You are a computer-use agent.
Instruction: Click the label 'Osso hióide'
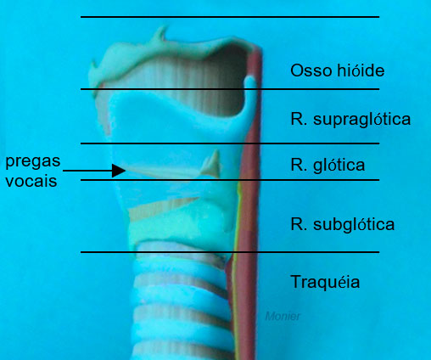coord(338,70)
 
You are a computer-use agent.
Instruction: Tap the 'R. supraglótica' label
coord(350,119)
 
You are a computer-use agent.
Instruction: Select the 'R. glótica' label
coord(327,165)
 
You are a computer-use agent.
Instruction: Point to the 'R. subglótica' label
coord(343,224)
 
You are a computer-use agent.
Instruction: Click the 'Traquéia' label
coord(325,282)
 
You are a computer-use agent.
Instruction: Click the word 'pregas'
coord(33,162)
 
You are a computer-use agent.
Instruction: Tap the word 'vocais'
coord(31,181)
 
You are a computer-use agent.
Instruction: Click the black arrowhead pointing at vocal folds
coord(119,171)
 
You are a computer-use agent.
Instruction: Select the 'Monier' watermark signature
coord(283,316)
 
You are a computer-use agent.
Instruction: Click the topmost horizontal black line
coord(230,17)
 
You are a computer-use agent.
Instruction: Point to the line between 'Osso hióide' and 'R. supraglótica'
coord(230,89)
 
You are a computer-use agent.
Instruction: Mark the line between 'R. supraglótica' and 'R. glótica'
coord(230,143)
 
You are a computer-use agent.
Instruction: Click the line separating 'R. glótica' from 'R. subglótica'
coord(230,180)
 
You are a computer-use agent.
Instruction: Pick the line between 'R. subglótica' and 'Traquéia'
coord(230,252)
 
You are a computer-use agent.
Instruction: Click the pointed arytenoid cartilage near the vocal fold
coord(211,166)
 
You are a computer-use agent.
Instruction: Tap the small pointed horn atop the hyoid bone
coord(161,33)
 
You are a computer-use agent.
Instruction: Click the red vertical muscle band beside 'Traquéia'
coord(245,283)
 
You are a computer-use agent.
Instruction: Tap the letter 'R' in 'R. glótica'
coord(296,165)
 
